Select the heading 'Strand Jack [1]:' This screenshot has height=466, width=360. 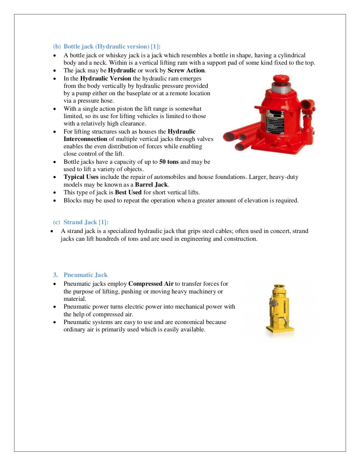86,222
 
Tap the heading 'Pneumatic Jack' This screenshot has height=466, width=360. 85,275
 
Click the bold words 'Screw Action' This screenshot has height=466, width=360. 186,70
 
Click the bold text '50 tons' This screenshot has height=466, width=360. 169,162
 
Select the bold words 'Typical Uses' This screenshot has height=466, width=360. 81,177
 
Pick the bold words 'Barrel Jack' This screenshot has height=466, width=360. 152,185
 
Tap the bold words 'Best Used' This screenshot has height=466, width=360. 128,192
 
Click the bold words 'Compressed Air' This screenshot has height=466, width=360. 151,284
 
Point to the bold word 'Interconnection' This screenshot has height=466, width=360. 85,139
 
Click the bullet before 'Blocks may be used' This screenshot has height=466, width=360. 54,201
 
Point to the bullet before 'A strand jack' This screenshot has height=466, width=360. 52,231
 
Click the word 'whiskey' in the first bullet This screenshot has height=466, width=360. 116,55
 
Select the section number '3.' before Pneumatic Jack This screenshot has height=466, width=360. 56,275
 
